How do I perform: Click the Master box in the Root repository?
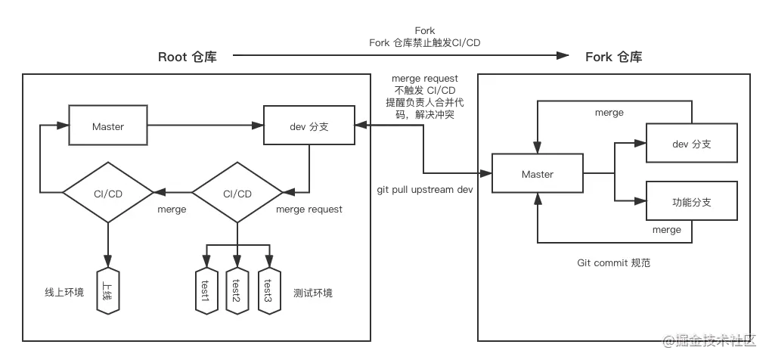(x=108, y=125)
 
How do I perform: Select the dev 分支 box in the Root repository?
(x=309, y=125)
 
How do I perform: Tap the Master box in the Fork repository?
(x=538, y=173)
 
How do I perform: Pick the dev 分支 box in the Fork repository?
(x=692, y=143)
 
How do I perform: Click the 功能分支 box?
(x=692, y=200)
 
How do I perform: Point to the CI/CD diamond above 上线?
(x=108, y=193)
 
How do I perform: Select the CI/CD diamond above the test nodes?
(x=237, y=193)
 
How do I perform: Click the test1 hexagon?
(x=206, y=291)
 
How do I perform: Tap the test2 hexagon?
(x=237, y=291)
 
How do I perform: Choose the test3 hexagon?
(x=269, y=291)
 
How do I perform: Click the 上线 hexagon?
(x=108, y=291)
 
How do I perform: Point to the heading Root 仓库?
(x=188, y=57)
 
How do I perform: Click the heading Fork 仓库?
(x=614, y=57)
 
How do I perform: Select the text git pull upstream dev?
(x=425, y=189)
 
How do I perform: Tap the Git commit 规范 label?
(x=613, y=263)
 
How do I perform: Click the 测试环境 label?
(x=313, y=293)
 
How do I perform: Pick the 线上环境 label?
(x=64, y=293)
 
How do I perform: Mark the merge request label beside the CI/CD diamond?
(x=309, y=209)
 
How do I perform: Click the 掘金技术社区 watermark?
(x=711, y=341)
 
